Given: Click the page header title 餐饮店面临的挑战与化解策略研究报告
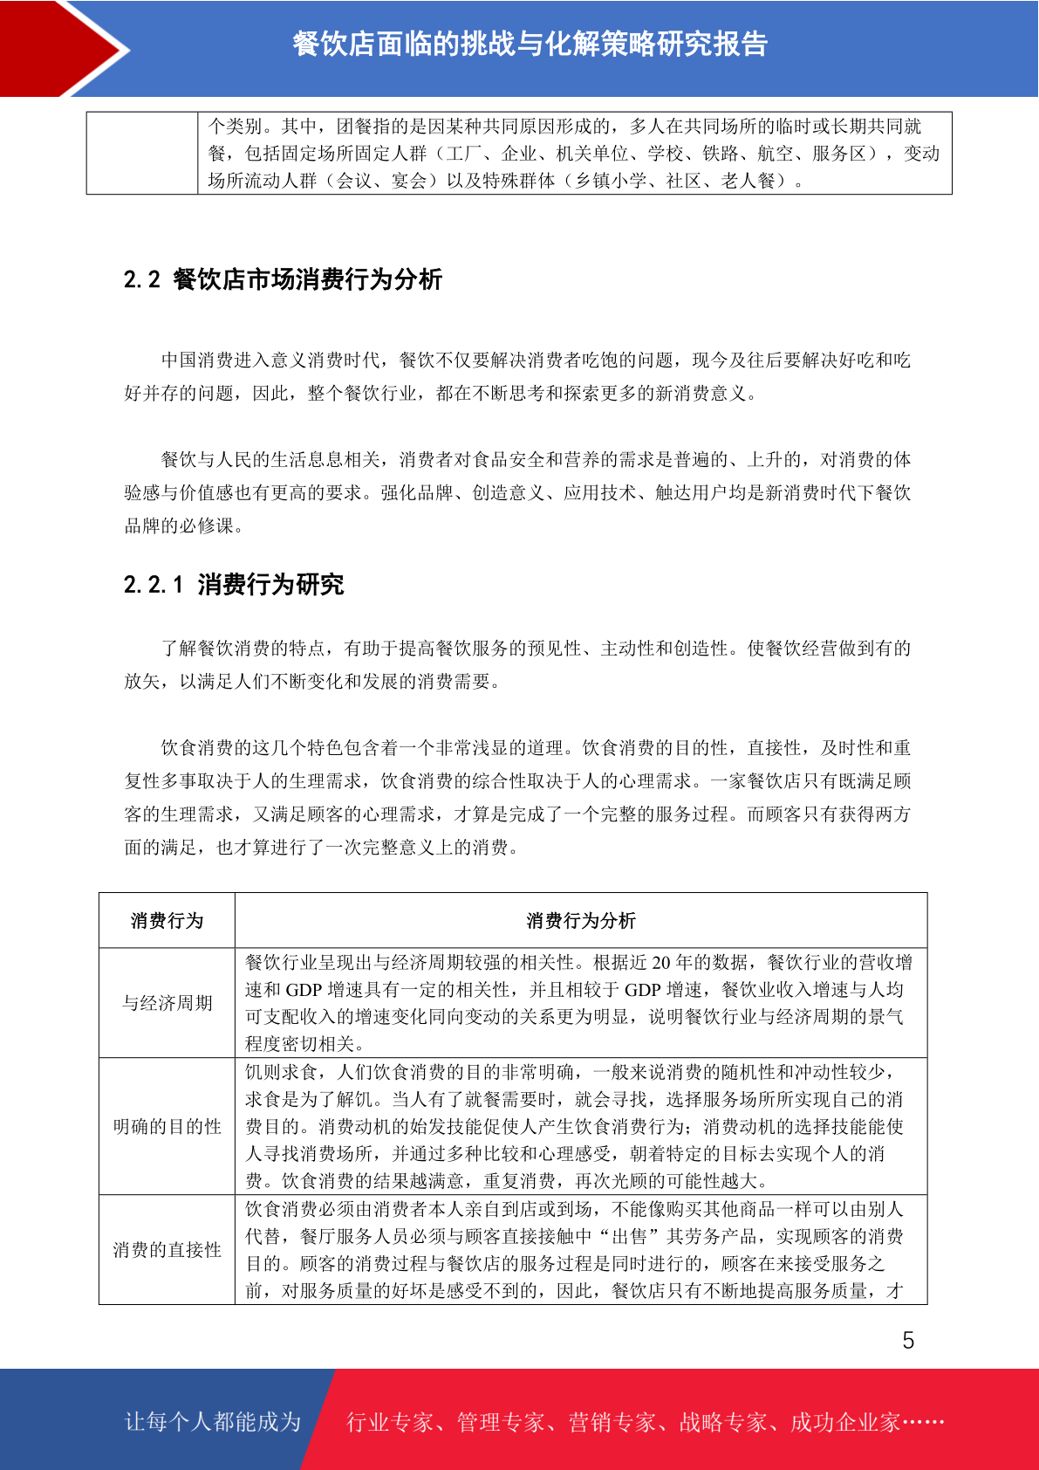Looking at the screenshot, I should (x=530, y=44).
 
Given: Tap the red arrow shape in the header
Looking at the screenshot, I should (x=61, y=48).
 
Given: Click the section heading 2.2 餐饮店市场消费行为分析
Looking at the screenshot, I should (x=283, y=279).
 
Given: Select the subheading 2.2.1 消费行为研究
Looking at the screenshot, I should (x=234, y=584).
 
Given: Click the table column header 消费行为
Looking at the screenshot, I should (x=167, y=921).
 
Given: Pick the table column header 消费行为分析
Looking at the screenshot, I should (x=581, y=921).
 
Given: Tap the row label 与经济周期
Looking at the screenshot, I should (x=167, y=1003).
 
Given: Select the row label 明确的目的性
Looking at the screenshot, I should (x=167, y=1127).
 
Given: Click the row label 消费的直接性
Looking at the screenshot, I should (x=167, y=1250).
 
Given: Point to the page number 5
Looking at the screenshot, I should (x=908, y=1341).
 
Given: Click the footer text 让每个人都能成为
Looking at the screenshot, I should (x=213, y=1422).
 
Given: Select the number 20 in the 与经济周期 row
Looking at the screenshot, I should (x=661, y=963).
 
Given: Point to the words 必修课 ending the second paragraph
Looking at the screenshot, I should (x=208, y=525).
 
